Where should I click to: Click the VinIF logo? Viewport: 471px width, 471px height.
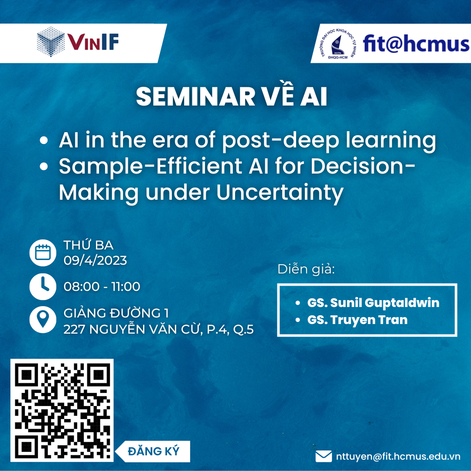[78, 42]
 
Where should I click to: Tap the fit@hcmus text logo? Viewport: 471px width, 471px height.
[416, 44]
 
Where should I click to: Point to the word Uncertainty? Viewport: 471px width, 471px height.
[280, 193]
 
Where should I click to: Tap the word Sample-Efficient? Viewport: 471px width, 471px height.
[150, 167]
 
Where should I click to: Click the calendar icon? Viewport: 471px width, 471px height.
[43, 253]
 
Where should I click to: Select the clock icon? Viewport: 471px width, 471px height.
[43, 287]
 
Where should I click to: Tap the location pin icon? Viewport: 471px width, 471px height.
[43, 320]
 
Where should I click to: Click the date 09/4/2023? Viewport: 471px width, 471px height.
[95, 260]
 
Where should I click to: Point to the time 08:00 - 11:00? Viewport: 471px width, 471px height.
[102, 287]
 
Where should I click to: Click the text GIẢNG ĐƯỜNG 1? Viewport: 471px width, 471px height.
[116, 313]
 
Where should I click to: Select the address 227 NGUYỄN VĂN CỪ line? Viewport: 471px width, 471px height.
[159, 329]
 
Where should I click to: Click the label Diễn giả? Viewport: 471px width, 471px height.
[306, 269]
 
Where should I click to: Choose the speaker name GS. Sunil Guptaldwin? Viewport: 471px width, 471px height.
[373, 303]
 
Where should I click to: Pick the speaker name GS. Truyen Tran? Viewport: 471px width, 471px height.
[358, 320]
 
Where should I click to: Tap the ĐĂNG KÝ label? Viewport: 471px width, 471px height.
[154, 451]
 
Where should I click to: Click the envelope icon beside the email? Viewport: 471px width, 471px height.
[324, 456]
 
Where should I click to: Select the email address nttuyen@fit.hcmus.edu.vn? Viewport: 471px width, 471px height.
[398, 456]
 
